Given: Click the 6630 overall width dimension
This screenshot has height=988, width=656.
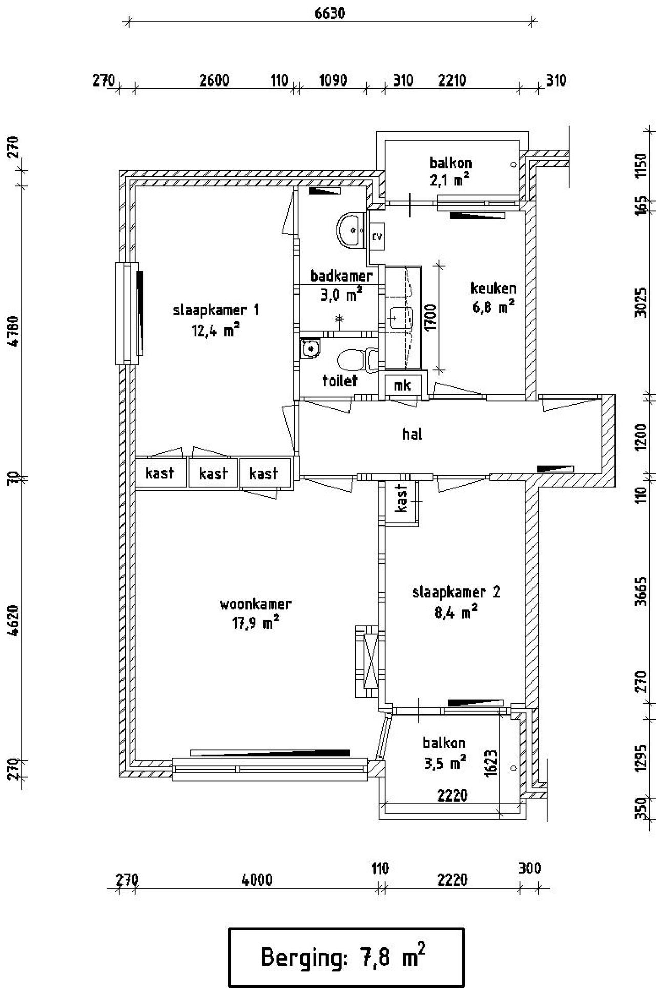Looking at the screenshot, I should pyautogui.click(x=330, y=13).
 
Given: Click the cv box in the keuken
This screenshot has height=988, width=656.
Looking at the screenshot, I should pyautogui.click(x=377, y=237).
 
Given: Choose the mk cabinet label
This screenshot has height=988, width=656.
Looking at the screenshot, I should pyautogui.click(x=402, y=385).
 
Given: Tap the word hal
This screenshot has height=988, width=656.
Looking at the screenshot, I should pyautogui.click(x=412, y=434).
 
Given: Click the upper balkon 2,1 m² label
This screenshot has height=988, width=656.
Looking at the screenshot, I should pyautogui.click(x=450, y=171).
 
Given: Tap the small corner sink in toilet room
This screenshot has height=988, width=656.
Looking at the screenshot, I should pyautogui.click(x=310, y=348).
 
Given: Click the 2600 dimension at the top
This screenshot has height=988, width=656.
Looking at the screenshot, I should pyautogui.click(x=214, y=80).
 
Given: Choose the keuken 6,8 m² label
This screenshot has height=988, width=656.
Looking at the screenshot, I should pyautogui.click(x=493, y=297).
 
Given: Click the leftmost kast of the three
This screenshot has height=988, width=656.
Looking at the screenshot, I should pyautogui.click(x=159, y=473).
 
